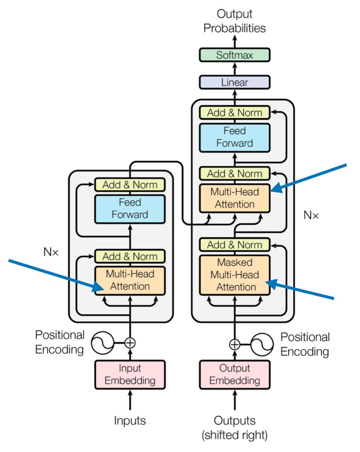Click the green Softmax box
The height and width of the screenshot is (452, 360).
click(235, 55)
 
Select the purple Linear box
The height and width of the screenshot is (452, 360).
click(235, 82)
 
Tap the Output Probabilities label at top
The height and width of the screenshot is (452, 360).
click(235, 22)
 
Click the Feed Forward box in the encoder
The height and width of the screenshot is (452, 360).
click(130, 208)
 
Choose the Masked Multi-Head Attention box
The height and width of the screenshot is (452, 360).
click(235, 275)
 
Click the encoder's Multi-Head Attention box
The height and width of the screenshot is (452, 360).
click(130, 280)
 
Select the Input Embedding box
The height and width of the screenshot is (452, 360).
click(130, 374)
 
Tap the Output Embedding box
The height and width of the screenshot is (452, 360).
click(235, 374)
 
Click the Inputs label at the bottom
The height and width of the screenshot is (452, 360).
click(130, 421)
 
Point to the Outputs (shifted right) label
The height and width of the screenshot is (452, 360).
click(235, 428)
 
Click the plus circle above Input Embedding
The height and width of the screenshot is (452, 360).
click(130, 343)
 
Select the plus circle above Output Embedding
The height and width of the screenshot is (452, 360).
click(235, 344)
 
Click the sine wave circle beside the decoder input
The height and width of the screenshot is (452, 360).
click(262, 344)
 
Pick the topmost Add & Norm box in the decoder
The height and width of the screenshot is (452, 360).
click(235, 113)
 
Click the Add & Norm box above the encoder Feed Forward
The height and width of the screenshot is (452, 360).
click(130, 184)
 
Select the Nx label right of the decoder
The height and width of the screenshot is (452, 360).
click(311, 215)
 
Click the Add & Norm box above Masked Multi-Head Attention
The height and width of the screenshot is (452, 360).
click(235, 245)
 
